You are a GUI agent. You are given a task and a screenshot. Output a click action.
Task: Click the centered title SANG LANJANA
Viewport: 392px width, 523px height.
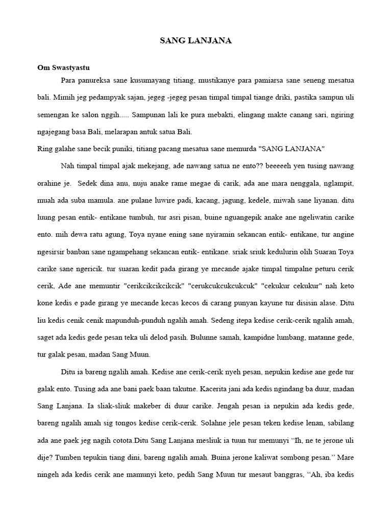click(195, 41)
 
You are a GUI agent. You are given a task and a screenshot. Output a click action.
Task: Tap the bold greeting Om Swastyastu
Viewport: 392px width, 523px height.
click(64, 67)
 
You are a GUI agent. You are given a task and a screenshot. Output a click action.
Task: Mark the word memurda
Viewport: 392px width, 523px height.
click(238, 149)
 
